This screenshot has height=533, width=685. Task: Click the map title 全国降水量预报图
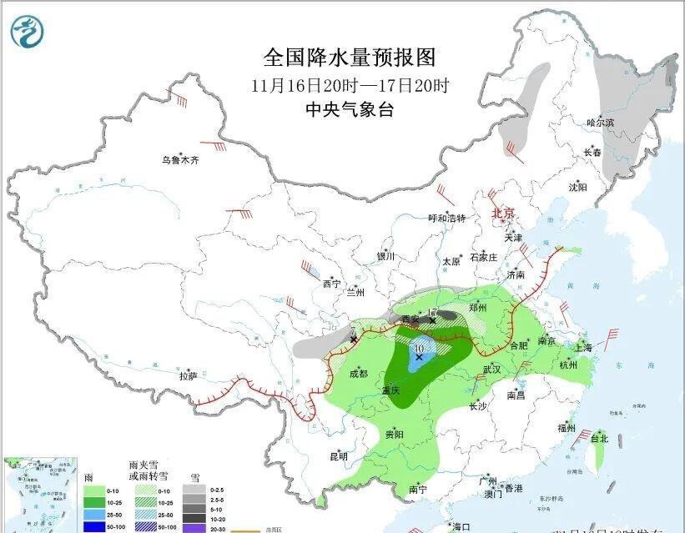pyautogui.click(x=350, y=58)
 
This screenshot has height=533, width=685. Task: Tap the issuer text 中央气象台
pyautogui.click(x=349, y=108)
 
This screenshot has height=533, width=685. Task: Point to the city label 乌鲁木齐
pyautogui.click(x=180, y=160)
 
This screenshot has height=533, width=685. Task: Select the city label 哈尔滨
pyautogui.click(x=599, y=123)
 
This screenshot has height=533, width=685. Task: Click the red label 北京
pyautogui.click(x=503, y=214)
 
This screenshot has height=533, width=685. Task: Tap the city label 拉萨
pyautogui.click(x=189, y=375)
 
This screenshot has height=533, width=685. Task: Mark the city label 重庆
pyautogui.click(x=391, y=390)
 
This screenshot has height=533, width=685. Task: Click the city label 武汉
pyautogui.click(x=491, y=369)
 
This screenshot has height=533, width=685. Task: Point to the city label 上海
pyautogui.click(x=583, y=347)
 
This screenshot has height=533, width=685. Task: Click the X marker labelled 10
pyautogui.click(x=419, y=356)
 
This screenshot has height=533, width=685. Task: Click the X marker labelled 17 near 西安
pyautogui.click(x=432, y=320)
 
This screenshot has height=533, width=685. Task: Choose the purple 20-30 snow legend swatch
pyautogui.click(x=195, y=528)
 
